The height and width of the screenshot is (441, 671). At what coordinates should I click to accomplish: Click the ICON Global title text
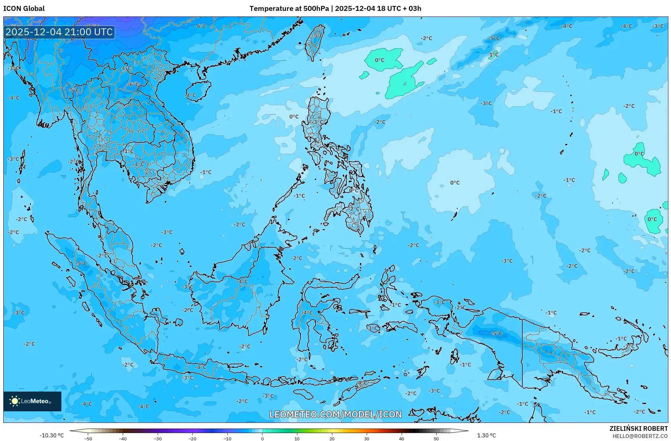[24, 9]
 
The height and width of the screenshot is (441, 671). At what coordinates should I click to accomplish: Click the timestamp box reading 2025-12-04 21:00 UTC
[59, 32]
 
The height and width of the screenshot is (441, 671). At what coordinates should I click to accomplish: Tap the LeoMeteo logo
[32, 401]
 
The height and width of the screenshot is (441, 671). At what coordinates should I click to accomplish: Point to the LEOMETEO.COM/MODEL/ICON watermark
[335, 414]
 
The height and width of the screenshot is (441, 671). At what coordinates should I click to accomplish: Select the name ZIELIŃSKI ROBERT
[638, 428]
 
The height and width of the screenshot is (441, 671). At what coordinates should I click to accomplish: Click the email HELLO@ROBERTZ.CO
[640, 436]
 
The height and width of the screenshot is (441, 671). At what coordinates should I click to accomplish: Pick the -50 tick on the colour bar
[88, 438]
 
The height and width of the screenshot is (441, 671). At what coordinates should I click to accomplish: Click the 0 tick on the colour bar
[262, 438]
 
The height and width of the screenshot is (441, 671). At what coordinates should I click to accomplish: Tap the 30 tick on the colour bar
[367, 438]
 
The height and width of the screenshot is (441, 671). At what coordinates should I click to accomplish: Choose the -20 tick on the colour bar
[192, 438]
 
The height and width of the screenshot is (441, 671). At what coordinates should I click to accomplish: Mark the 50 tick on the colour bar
[436, 438]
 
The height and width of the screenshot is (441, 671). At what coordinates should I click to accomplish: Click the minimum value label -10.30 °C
[51, 435]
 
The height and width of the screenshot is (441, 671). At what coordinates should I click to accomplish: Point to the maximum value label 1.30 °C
[486, 435]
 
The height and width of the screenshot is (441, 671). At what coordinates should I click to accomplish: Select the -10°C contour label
[92, 26]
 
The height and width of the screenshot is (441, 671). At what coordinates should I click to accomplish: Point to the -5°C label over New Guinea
[496, 334]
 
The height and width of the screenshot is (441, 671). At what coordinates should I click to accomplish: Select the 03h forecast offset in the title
[415, 9]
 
